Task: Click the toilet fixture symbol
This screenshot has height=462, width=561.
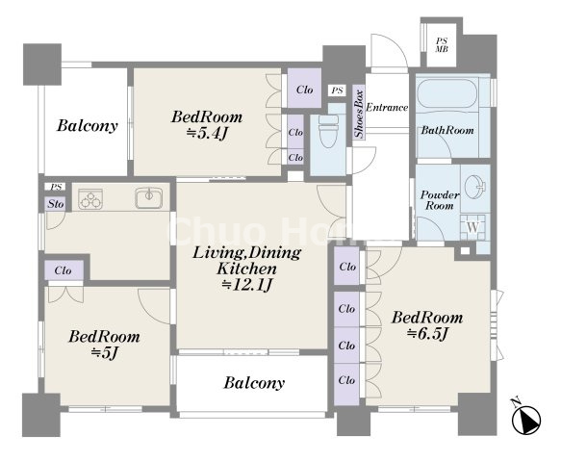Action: [328, 131]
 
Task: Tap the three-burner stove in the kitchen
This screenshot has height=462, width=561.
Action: [90, 198]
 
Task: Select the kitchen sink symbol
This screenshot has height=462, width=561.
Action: [149, 198]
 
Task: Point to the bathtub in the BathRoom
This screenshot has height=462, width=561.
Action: [446, 93]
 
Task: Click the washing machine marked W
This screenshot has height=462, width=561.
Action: [472, 227]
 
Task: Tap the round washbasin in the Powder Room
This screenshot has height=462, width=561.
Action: [475, 186]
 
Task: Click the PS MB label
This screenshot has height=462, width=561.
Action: [442, 45]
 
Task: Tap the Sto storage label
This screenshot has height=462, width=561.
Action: [56, 204]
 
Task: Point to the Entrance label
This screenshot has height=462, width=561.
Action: [387, 107]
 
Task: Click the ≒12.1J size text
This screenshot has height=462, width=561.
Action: [247, 285]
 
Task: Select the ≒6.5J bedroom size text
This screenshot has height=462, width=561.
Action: [427, 334]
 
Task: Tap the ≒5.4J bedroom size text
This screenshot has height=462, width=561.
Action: [207, 133]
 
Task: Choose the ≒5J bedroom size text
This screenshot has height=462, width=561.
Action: [105, 353]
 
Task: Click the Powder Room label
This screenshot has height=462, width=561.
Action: [440, 200]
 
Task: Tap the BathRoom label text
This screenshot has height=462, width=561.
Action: [447, 130]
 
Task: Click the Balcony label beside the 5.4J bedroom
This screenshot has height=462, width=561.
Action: [88, 126]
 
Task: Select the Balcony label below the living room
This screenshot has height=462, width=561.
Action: [254, 383]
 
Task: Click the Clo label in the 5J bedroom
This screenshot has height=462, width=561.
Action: [63, 270]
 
